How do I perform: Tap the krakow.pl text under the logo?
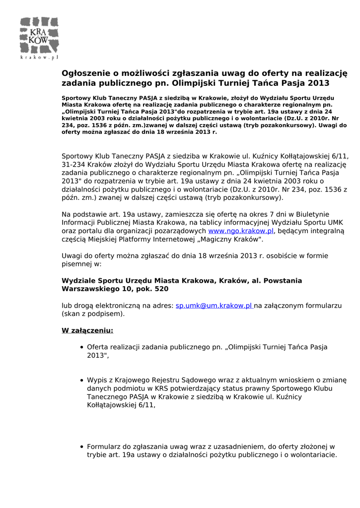point(39,58)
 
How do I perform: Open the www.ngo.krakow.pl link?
point(241,231)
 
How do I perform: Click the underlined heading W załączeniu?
point(87,330)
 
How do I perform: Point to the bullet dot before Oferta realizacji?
point(81,347)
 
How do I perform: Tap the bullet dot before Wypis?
point(81,380)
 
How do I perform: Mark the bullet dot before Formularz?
point(81,446)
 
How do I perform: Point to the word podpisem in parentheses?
point(107,314)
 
